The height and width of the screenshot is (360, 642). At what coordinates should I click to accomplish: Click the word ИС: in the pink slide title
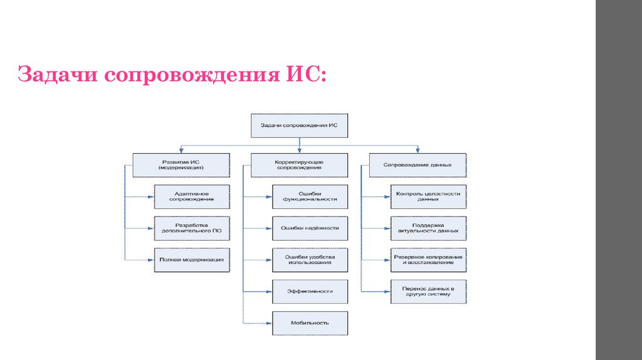coord(305,76)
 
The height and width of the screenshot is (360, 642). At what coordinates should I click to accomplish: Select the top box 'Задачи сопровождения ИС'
coord(299,125)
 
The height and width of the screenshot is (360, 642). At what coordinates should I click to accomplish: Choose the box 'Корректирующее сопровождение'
coord(299,165)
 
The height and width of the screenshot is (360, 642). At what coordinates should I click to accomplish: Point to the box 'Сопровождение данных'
coord(418,165)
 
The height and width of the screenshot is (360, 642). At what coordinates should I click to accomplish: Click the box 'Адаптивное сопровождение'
coord(192,196)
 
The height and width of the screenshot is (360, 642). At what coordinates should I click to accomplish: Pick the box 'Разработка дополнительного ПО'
coord(192,228)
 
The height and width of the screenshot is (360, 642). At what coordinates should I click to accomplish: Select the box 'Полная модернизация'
coord(192,259)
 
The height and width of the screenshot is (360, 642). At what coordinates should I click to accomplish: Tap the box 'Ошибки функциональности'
coord(310,196)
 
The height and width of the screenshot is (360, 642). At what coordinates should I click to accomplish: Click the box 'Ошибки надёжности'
coord(310,228)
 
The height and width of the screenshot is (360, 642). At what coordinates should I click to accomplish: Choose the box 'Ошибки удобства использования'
coord(310,259)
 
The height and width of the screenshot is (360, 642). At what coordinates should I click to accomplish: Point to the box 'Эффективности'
coord(310,291)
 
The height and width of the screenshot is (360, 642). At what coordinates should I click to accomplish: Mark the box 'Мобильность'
coord(310,322)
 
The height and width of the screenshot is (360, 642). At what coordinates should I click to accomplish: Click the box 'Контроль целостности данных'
coord(428,196)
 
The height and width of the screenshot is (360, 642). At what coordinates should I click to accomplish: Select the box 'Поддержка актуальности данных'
coord(428,228)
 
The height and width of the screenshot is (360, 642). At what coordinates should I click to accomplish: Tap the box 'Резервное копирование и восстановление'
coord(428,259)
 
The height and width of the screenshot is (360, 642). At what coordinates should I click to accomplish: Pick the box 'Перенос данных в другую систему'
coord(428,291)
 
